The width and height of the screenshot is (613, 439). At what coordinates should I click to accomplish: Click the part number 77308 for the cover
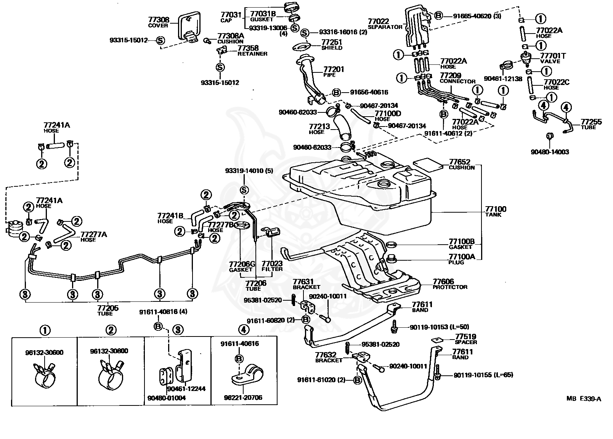159,20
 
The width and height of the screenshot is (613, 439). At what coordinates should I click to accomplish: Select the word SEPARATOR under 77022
385,27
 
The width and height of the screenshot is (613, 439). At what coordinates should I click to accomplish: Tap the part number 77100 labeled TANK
496,209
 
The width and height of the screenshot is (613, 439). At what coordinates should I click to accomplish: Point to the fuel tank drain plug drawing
392,258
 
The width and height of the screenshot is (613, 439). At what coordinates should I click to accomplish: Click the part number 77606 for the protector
443,281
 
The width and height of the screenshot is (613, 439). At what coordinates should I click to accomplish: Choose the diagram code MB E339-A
584,399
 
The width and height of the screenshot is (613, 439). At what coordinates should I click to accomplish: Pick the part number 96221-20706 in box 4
243,397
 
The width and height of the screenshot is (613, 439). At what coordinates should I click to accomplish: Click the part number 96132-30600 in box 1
44,352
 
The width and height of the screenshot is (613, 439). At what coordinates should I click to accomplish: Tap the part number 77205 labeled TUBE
108,308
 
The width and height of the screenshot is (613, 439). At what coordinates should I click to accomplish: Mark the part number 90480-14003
550,152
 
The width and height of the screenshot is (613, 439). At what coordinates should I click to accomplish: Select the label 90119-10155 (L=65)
483,375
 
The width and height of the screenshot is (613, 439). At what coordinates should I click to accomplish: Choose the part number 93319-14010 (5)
249,171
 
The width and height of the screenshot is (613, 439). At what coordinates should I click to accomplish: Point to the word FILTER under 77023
272,269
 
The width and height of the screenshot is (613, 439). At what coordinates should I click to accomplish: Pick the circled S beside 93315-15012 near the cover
160,40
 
